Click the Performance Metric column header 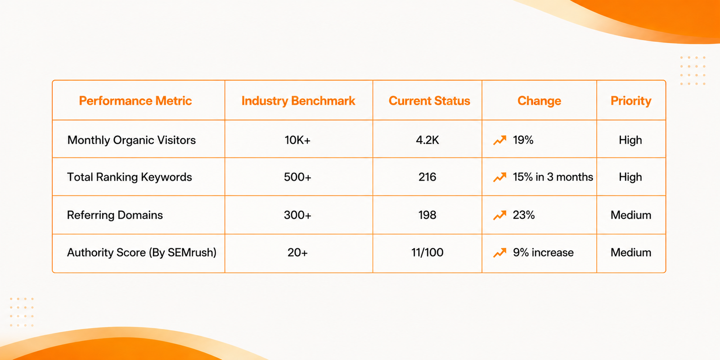click(x=135, y=101)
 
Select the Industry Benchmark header click(x=298, y=101)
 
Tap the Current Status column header click(x=429, y=101)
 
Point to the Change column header click(x=540, y=101)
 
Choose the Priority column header click(x=631, y=101)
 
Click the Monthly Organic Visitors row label click(x=131, y=140)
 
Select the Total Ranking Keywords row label click(x=130, y=177)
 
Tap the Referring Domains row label click(x=115, y=215)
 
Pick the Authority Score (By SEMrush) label click(x=142, y=252)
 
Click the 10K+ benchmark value click(x=297, y=140)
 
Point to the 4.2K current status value click(x=427, y=140)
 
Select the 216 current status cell click(x=427, y=177)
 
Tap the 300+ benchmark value click(x=297, y=215)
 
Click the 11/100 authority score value click(x=427, y=252)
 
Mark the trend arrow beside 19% click(x=500, y=140)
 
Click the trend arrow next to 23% click(x=500, y=215)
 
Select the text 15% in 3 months click(x=553, y=177)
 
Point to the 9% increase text click(x=543, y=252)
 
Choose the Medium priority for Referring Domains click(x=631, y=215)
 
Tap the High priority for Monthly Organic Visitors click(x=630, y=140)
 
